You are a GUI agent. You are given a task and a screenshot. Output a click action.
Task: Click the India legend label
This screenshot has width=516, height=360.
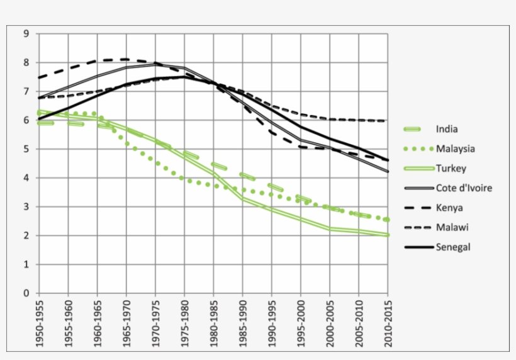(x=446, y=130)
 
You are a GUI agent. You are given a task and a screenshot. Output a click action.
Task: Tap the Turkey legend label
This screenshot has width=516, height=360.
(x=449, y=169)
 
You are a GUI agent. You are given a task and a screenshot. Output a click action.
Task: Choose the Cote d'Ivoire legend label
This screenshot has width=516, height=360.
(x=464, y=188)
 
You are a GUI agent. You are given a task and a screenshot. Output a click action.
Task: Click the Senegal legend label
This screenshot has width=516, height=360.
(x=452, y=247)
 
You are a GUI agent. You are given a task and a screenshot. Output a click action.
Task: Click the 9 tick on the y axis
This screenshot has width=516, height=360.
(x=26, y=34)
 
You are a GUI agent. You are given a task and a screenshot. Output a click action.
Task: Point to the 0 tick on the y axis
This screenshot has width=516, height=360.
(x=26, y=293)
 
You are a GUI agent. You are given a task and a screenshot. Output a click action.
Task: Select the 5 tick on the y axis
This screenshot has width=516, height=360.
(x=26, y=149)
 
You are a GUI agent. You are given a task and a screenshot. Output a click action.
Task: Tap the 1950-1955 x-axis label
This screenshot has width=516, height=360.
(x=39, y=323)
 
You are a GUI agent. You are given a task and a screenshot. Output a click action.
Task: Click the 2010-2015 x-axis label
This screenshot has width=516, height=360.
(x=388, y=323)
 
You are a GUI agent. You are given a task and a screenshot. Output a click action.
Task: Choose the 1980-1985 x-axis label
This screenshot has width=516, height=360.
(x=213, y=323)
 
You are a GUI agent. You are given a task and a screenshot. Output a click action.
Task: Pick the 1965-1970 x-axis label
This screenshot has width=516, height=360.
(x=126, y=323)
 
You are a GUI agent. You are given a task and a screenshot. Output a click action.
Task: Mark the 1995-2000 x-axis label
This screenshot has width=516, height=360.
(x=301, y=323)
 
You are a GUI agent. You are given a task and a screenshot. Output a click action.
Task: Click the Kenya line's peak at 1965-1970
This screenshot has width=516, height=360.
(x=126, y=59)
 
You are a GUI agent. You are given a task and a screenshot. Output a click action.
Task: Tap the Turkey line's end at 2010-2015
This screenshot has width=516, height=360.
(x=388, y=235)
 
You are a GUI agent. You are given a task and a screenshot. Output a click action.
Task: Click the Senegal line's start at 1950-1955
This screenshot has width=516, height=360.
(x=39, y=119)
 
